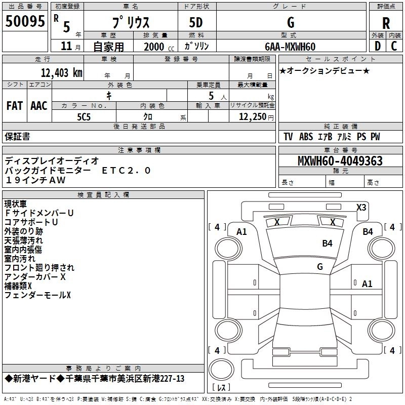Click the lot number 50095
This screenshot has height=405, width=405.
[x=25, y=21]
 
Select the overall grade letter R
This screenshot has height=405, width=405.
[x=386, y=23]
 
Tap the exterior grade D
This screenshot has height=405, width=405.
[x=378, y=46]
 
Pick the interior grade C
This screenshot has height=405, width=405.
[x=394, y=46]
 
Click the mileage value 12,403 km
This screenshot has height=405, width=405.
[x=61, y=73]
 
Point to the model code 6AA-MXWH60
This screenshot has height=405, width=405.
[x=290, y=47]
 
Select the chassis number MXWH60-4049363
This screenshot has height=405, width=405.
[x=340, y=161]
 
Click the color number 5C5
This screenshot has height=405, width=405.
[x=84, y=117]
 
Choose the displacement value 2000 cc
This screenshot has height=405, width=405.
[x=159, y=47]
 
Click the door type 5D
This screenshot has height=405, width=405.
[x=196, y=23]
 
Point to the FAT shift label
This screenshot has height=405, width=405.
[x=15, y=106]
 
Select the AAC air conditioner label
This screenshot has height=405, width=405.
[x=39, y=106]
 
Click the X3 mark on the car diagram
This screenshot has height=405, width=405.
[x=361, y=207]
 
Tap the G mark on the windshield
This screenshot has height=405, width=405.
[x=320, y=266]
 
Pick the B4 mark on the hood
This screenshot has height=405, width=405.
[x=327, y=243]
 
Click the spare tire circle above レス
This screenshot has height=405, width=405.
[x=221, y=370]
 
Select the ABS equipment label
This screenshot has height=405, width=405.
[x=306, y=137]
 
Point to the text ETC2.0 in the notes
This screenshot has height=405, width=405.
[x=126, y=171]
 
